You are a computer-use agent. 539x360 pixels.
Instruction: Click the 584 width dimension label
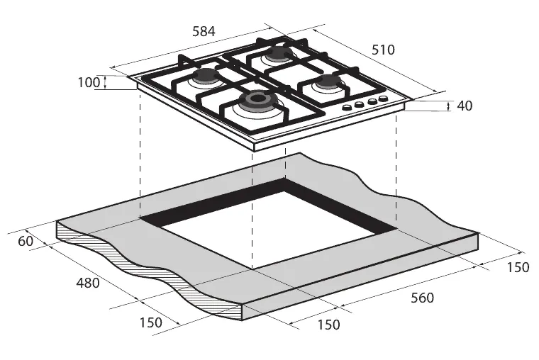pos(204,31)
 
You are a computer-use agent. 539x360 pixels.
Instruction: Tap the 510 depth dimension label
pos(383,50)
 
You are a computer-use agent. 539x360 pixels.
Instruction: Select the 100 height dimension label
pos(89,82)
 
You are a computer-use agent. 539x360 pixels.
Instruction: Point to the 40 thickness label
pos(465,106)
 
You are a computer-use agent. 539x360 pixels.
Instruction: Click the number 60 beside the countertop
pos(26,241)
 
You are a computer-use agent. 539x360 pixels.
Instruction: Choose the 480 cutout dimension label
pos(88,283)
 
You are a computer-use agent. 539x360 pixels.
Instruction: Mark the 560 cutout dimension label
pos(423,298)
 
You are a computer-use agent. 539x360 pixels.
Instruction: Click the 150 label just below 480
pos(151,322)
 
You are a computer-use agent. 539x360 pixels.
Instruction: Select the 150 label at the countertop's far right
pos(518,267)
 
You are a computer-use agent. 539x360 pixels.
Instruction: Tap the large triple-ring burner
pos(257,101)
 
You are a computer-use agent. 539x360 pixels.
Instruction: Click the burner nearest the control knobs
pos(328,82)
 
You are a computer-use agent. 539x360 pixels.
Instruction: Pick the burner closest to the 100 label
pos(205,77)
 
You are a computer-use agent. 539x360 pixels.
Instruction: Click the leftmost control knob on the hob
pos(347,108)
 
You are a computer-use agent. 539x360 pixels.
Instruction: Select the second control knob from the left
pos(360,105)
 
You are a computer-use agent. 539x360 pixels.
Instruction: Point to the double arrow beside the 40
pos(448,106)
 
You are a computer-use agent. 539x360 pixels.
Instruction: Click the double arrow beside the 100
pos(105,82)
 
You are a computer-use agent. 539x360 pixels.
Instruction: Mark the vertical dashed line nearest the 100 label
pos(140,154)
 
